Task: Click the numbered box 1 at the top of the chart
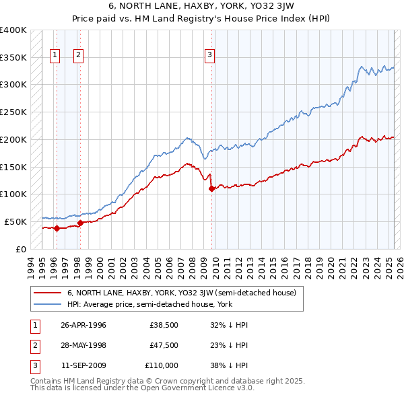click(55, 55)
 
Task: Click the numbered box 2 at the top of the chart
click(79, 55)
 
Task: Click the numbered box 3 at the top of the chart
click(210, 55)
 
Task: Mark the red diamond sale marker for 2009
click(211, 189)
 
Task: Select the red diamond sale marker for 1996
click(57, 228)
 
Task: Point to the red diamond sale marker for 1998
click(80, 223)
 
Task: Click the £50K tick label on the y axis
click(16, 221)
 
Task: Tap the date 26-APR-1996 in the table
click(83, 324)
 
